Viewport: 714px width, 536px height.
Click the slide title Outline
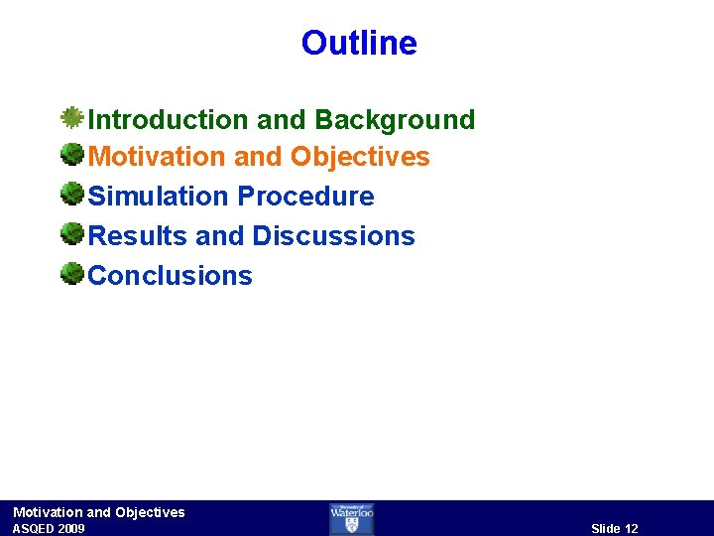point(359,43)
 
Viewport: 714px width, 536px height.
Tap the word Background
point(395,120)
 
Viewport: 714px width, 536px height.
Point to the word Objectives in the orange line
point(360,157)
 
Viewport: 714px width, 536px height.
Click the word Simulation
point(159,197)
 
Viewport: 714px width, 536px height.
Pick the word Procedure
point(305,197)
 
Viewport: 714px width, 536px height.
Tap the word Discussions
point(333,236)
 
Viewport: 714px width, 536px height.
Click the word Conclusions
point(171,276)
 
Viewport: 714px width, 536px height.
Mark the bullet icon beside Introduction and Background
point(71,118)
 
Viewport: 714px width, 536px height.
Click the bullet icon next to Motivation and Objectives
point(71,155)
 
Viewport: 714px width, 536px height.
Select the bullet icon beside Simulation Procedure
point(71,194)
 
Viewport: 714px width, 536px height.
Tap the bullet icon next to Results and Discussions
point(71,233)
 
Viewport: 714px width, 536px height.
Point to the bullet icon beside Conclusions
point(71,273)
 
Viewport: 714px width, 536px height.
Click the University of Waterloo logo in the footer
point(352,518)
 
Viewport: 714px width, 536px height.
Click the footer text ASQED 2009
point(49,529)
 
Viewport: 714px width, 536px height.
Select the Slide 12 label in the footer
point(615,529)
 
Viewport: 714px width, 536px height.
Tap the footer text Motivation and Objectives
point(99,512)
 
